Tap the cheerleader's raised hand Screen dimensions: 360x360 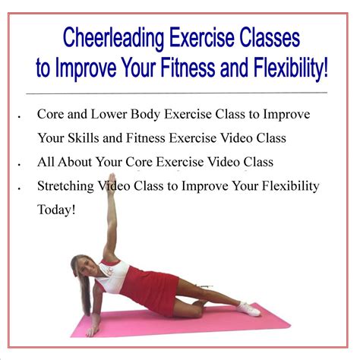111,185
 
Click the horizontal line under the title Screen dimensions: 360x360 180,92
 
